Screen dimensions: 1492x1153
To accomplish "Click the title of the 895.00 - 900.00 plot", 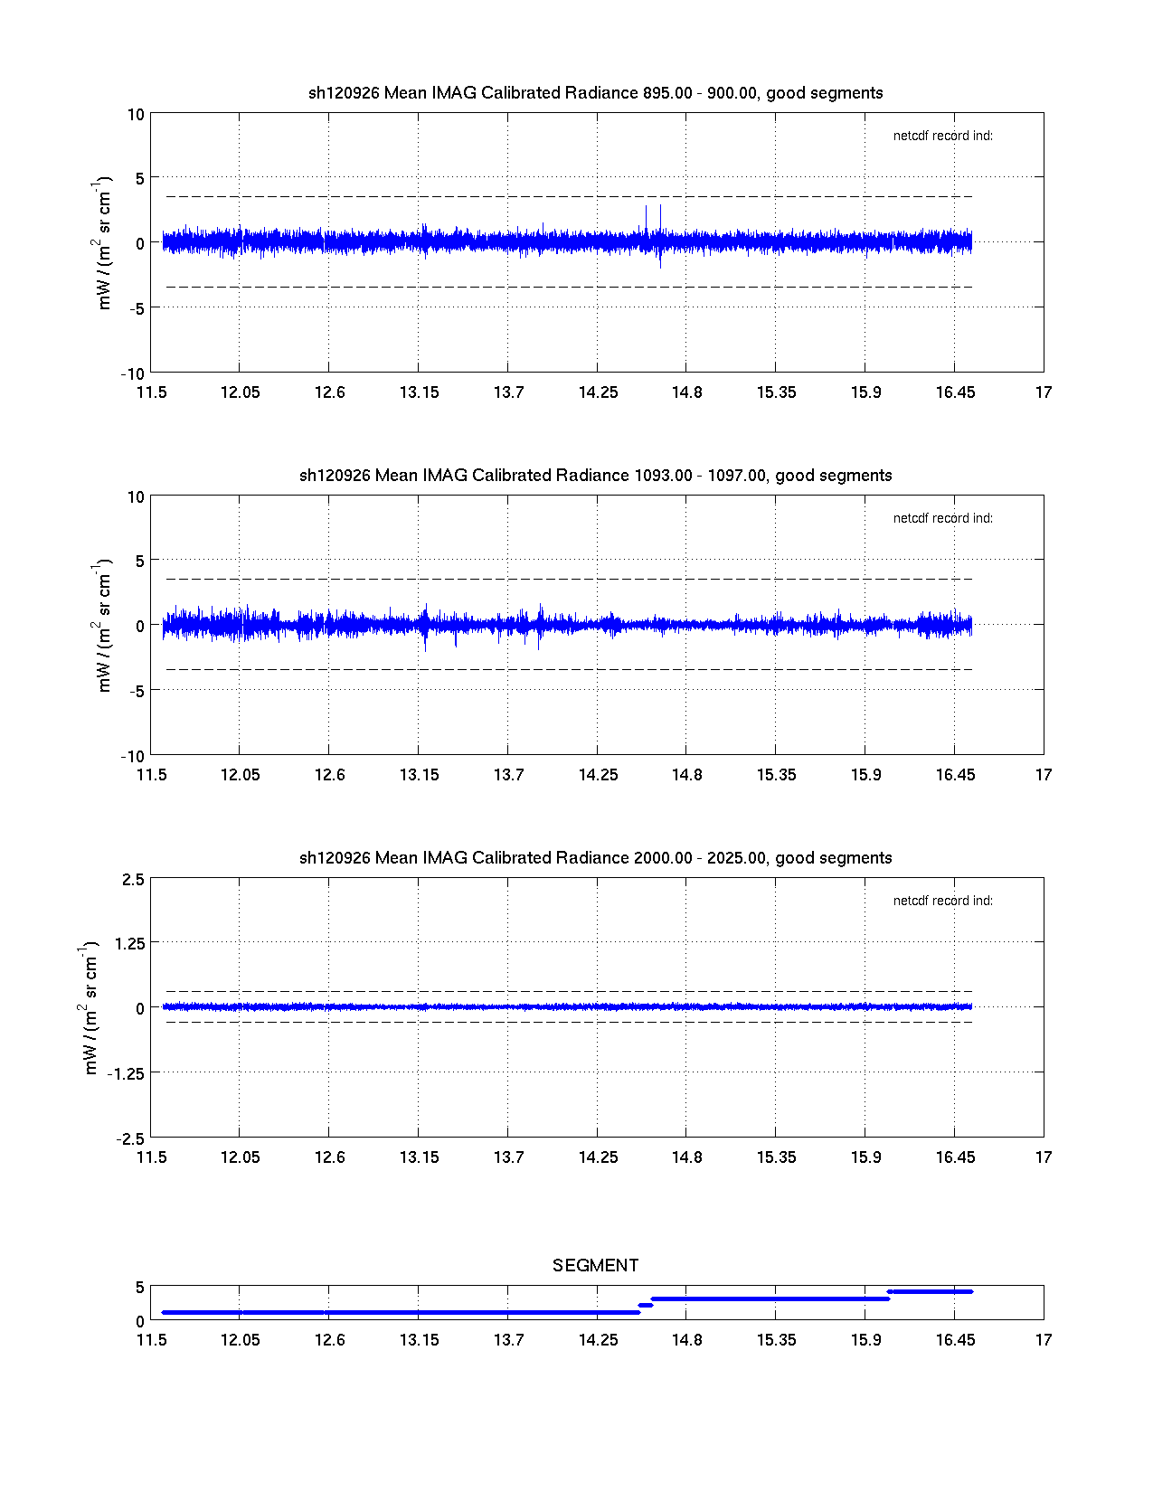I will pos(595,93).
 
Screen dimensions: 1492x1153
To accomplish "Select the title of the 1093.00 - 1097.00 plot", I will pos(595,476).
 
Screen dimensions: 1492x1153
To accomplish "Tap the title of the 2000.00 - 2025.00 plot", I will pos(595,858).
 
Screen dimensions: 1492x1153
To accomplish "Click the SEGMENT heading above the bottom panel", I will pos(595,1265).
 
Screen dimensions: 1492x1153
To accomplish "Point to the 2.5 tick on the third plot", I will pos(132,880).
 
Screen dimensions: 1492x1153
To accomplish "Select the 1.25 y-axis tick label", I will pos(129,943).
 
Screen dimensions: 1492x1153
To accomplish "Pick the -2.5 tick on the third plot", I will pos(129,1138).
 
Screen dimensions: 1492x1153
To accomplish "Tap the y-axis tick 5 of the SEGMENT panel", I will pos(139,1288).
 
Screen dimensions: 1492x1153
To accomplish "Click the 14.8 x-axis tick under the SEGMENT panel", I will pos(686,1340).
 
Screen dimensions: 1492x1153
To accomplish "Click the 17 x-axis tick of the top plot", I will pos(1044,392).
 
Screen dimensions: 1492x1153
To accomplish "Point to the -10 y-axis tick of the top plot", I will pos(132,373).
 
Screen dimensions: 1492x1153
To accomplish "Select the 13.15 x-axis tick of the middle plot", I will pos(419,775).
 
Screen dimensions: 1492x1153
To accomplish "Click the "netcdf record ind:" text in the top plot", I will pos(942,137).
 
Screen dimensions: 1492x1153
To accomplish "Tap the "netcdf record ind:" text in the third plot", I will pos(942,902).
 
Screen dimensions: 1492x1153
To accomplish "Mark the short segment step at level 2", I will pos(646,1305).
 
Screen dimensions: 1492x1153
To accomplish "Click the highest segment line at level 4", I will pos(930,1291).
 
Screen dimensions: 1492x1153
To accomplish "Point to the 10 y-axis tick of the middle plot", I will pos(136,497).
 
